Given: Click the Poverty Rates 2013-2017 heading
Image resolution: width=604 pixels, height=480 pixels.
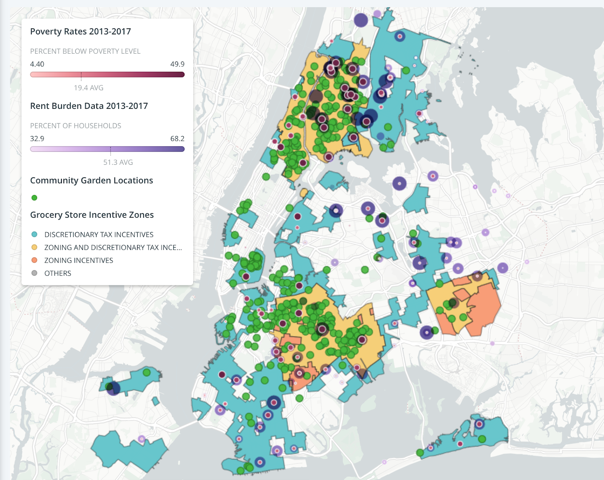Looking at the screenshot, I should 80,31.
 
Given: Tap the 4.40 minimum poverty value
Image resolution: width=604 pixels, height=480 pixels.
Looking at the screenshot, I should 37,64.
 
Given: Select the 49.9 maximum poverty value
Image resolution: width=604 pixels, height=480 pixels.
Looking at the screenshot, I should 177,64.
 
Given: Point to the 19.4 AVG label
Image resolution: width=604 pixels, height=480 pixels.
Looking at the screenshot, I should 88,88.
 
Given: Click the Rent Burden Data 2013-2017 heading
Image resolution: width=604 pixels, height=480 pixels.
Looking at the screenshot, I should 89,106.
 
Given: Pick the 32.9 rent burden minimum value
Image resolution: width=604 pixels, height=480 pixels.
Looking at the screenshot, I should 37,139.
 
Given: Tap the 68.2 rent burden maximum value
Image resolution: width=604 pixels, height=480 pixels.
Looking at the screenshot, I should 177,139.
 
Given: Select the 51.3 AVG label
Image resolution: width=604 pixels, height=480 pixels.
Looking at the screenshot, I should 118,162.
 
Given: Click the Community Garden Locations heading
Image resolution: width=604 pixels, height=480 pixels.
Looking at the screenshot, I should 91,180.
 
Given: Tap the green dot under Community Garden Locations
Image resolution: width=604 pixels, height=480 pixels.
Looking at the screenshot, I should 34,198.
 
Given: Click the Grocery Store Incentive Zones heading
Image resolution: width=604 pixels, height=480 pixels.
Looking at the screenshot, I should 92,215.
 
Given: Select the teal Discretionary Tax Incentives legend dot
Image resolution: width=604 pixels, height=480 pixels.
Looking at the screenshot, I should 34,234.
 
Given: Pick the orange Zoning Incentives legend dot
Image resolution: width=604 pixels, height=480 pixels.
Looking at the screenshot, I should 34,260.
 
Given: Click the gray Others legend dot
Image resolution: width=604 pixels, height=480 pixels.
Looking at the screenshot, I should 34,273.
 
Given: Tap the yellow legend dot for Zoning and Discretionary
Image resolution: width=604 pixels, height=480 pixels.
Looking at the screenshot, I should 34,247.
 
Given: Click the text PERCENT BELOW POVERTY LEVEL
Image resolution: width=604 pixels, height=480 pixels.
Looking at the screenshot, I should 85,51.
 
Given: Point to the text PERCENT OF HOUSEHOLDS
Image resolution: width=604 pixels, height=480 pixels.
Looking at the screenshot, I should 75,126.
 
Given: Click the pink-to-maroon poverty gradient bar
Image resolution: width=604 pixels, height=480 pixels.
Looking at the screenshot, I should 107,74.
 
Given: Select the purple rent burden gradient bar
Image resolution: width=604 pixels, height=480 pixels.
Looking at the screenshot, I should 107,149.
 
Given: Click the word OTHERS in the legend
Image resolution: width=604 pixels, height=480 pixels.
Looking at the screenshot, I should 58,273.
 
